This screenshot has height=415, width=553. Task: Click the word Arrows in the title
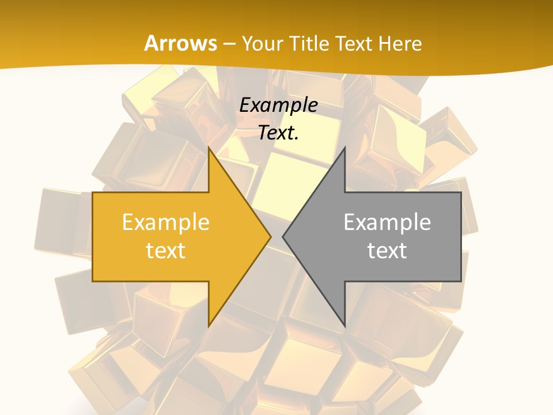point(181,43)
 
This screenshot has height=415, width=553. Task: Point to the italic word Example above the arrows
point(279,105)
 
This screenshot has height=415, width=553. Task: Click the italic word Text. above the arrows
point(279,133)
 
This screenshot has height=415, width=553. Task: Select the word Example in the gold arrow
point(166,222)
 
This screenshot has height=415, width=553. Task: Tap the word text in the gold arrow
point(166,250)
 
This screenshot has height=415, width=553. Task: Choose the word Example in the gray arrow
point(387,222)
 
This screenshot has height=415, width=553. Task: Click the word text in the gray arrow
point(387,250)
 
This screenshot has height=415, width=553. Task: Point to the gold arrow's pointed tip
point(271,236)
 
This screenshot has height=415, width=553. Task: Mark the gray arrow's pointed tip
point(282,236)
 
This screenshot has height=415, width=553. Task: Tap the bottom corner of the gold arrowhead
point(209,327)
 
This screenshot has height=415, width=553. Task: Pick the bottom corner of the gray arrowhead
point(345,327)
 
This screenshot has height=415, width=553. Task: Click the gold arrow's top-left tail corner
point(93,193)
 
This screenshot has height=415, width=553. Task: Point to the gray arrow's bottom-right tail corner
point(461,281)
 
